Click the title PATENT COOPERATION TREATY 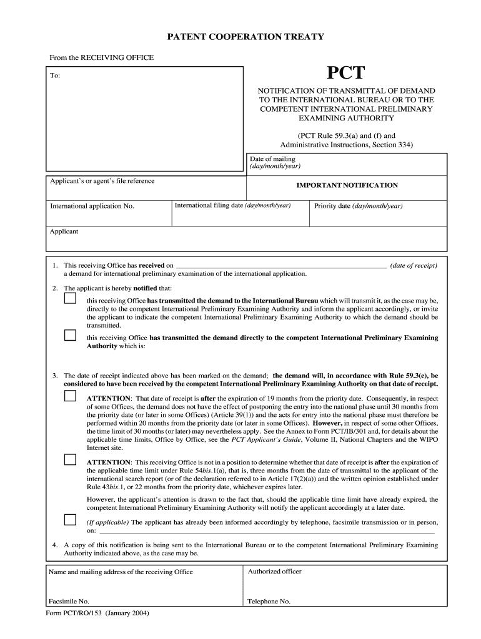tap(245, 37)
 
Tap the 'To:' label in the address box tap(56, 76)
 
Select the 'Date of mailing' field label tap(272, 159)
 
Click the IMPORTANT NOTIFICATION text tap(347, 185)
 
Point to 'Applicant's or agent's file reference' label tap(102, 181)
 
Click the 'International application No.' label tap(92, 206)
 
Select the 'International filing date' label tap(232, 205)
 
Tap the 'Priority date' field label tap(358, 206)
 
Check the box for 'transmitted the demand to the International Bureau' tap(70, 299)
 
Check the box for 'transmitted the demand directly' tap(70, 335)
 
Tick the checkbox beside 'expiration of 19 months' tap(70, 396)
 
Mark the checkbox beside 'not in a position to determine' tap(70, 460)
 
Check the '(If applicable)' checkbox tap(70, 520)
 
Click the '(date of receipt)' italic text tap(414, 265)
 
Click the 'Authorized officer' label tap(274, 572)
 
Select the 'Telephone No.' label tap(269, 602)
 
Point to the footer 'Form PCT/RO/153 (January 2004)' tap(97, 613)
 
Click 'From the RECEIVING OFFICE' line tap(101, 57)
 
